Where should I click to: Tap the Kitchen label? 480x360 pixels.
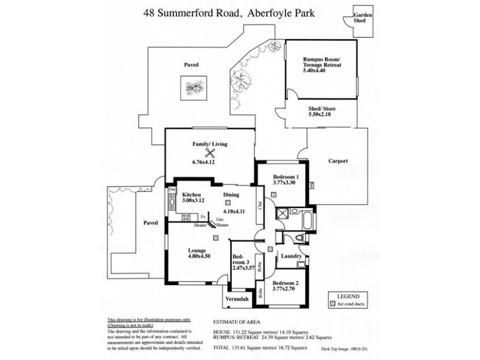191,194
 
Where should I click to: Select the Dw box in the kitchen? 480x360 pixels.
172,190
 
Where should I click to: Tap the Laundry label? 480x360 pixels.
291,256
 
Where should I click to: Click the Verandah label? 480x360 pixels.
236,298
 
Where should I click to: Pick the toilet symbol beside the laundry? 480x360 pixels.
301,238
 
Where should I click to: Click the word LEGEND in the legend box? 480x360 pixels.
347,296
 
